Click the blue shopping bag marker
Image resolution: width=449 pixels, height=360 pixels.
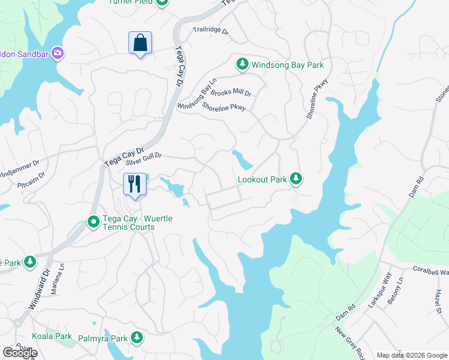point(140,43)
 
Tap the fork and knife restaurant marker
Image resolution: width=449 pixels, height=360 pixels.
point(134,184)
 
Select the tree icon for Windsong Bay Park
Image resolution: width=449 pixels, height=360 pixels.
point(243,64)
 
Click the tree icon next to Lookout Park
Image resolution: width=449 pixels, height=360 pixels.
point(295,178)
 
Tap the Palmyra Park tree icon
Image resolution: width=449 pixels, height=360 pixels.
point(137,338)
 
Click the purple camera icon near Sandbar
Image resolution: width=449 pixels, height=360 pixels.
point(58,53)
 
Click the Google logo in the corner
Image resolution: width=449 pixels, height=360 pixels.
point(19,353)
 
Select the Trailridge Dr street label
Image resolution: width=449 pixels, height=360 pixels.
point(211,31)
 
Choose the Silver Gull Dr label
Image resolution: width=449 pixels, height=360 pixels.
point(144,158)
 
